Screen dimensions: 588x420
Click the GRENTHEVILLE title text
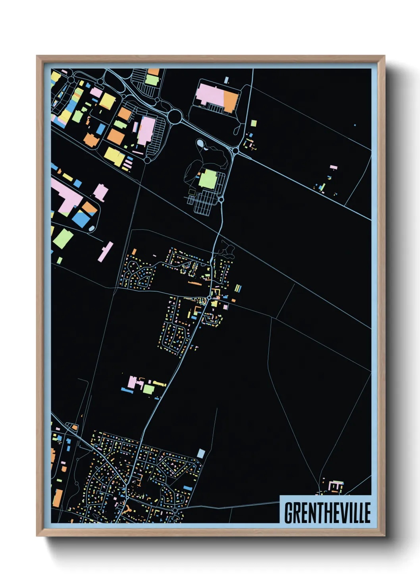click(327, 513)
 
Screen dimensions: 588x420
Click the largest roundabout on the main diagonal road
click(175, 116)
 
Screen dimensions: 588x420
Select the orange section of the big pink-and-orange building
click(230, 100)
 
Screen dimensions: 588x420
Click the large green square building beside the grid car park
click(208, 179)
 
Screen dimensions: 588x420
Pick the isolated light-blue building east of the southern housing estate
click(201, 453)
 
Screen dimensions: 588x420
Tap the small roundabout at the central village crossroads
click(209, 297)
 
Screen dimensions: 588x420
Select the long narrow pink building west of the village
click(106, 251)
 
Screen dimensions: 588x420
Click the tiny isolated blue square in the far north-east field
click(355, 125)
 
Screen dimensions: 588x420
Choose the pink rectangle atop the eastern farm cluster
click(333, 168)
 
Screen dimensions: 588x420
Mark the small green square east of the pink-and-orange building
click(254, 123)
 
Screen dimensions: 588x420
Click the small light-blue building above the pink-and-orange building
click(226, 80)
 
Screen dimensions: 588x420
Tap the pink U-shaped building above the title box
click(337, 485)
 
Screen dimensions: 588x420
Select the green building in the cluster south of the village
click(148, 389)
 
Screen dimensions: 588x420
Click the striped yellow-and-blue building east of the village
click(237, 288)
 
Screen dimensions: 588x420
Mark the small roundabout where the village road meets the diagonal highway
click(235, 151)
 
